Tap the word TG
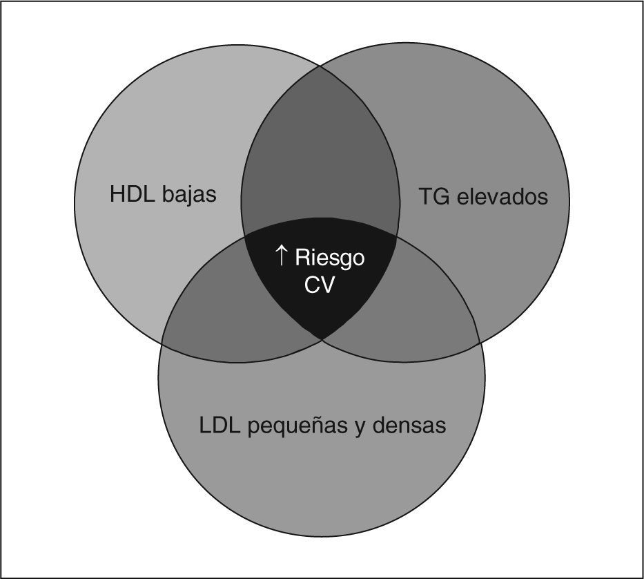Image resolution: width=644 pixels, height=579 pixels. click(x=435, y=197)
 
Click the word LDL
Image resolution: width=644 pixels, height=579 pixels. click(x=219, y=425)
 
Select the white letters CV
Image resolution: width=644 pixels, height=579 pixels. click(x=319, y=285)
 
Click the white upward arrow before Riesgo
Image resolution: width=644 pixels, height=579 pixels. click(x=281, y=257)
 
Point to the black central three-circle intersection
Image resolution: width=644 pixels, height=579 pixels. click(x=320, y=276)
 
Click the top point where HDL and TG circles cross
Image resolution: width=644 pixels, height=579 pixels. click(x=320, y=67)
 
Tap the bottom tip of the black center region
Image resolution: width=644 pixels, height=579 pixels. click(x=322, y=339)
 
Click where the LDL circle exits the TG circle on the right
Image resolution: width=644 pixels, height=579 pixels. click(x=480, y=343)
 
